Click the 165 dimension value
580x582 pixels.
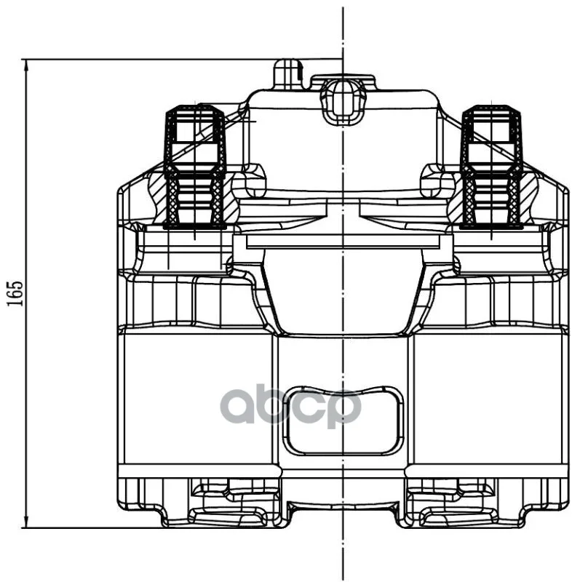[x=15, y=294]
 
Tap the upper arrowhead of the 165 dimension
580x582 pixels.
[x=26, y=67]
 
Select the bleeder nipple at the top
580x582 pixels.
[x=288, y=74]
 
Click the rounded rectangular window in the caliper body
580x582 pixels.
[x=343, y=420]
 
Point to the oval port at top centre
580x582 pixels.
[x=342, y=101]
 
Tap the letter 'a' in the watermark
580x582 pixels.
[x=240, y=407]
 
